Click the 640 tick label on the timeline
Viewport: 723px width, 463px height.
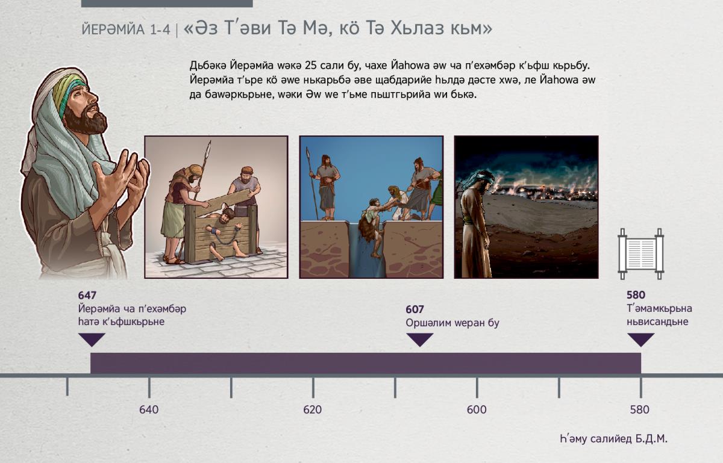(x=149, y=409)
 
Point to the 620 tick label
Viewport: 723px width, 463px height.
(x=313, y=409)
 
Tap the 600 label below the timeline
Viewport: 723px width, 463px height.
(x=477, y=409)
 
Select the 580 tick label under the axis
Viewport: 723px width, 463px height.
(x=639, y=409)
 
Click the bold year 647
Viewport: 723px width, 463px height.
(x=87, y=295)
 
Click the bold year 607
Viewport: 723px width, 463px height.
(x=415, y=309)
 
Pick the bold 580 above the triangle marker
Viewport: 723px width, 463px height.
(x=636, y=295)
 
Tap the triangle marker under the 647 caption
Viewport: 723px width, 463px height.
(x=92, y=339)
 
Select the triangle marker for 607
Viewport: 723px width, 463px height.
(x=419, y=339)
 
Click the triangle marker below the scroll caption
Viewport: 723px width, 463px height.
(x=640, y=339)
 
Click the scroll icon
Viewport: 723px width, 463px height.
(x=640, y=254)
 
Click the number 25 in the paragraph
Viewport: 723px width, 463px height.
(x=310, y=66)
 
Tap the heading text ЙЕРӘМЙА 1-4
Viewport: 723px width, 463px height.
(x=126, y=30)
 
